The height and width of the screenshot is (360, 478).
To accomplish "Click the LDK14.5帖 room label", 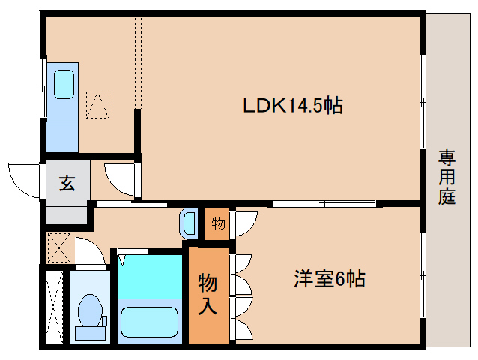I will [x=292, y=106].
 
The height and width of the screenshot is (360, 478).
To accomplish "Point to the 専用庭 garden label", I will [x=447, y=177].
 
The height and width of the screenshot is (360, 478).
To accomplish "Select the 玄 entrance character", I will [x=67, y=182].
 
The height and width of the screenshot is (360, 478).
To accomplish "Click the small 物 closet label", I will [x=217, y=223].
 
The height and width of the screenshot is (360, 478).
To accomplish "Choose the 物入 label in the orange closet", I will [x=208, y=293].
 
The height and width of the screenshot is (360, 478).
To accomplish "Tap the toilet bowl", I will [x=90, y=307].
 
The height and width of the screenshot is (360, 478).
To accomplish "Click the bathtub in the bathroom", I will [x=151, y=321].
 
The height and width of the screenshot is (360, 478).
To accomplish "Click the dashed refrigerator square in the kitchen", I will [x=97, y=104].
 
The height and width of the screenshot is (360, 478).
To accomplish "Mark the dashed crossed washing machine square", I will [x=58, y=247].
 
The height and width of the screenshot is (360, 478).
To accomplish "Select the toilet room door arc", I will [x=89, y=251].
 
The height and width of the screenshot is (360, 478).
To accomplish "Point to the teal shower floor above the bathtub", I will [x=150, y=276].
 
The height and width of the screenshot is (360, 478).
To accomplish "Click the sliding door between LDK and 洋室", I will [x=324, y=203].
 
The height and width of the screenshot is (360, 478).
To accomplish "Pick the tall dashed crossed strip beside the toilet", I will [x=53, y=306].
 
